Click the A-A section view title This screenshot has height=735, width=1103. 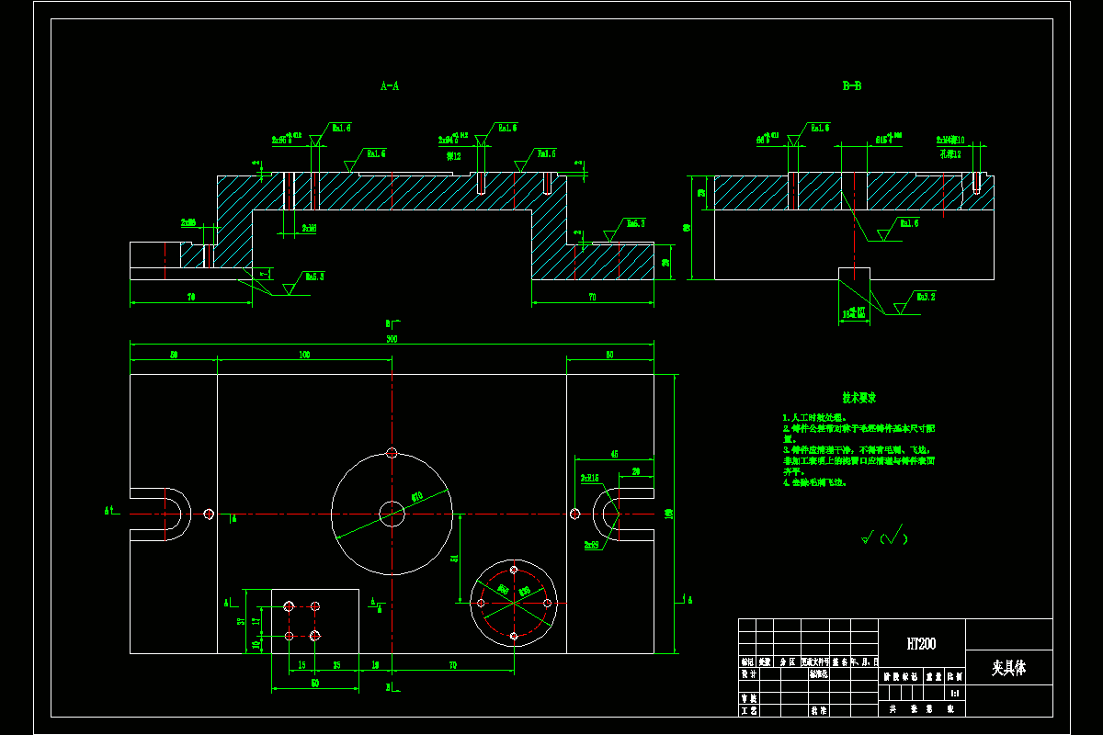390,86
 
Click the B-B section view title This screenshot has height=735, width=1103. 852,86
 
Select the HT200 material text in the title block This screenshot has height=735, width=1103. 921,644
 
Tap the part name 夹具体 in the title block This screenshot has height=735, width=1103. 1008,668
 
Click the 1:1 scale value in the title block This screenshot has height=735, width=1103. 955,693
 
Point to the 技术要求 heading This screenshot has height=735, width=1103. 859,398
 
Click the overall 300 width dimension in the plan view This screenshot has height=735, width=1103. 392,339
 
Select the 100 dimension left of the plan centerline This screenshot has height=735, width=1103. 304,355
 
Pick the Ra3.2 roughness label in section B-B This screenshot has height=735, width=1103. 925,297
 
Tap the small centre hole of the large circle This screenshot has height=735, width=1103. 392,514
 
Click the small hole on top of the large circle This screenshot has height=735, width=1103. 392,453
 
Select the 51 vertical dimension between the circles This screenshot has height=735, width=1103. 453,558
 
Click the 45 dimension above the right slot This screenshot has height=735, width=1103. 614,454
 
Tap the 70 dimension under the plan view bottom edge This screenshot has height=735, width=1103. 453,663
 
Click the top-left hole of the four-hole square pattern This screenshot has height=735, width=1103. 289,606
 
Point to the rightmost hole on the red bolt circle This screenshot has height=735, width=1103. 547,603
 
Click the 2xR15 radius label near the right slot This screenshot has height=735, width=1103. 589,478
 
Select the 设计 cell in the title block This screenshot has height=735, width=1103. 748,673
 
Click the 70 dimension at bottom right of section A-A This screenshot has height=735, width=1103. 592,298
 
